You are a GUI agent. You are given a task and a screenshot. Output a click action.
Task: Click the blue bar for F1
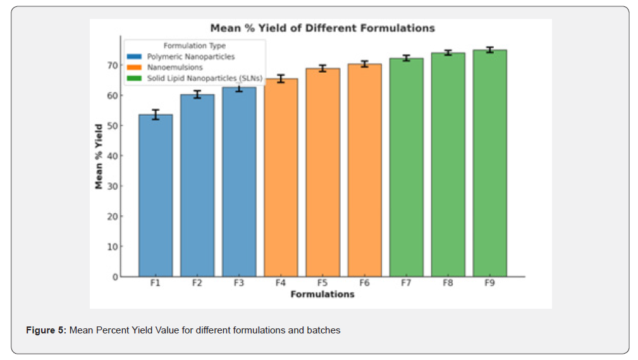click(155, 196)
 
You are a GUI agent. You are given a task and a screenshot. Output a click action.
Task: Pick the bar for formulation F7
click(406, 168)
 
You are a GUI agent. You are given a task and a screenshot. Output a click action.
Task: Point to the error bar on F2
click(197, 94)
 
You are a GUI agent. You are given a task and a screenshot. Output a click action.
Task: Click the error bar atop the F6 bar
click(364, 64)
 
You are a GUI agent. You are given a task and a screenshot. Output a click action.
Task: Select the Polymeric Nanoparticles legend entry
click(190, 57)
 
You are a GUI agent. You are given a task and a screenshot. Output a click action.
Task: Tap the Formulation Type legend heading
click(194, 46)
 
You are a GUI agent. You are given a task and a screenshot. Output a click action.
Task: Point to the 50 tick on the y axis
click(111, 126)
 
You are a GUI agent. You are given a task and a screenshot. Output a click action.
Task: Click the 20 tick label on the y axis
click(111, 216)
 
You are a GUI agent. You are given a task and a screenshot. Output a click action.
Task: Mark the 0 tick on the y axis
click(114, 277)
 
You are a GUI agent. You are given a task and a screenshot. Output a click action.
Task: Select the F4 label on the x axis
click(281, 283)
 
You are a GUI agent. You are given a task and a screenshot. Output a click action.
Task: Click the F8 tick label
click(448, 283)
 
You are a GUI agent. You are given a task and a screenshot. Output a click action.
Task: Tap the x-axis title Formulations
click(322, 294)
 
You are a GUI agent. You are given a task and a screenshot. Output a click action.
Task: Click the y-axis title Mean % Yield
click(99, 156)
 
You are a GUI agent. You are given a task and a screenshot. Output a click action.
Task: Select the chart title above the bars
click(322, 28)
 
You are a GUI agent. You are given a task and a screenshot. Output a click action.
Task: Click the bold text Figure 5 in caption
click(46, 330)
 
